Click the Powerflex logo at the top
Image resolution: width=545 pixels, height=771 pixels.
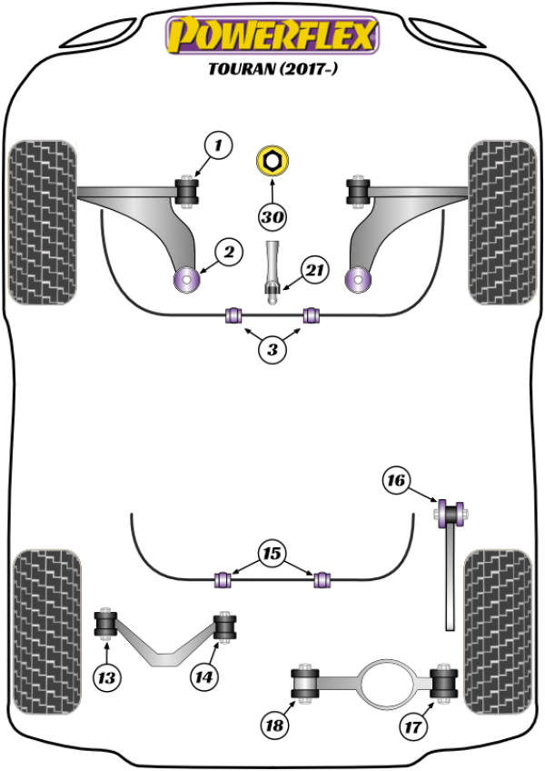pyautogui.click(x=272, y=35)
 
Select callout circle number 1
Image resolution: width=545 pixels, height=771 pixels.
pyautogui.click(x=217, y=145)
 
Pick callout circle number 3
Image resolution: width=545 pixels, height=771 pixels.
pyautogui.click(x=272, y=349)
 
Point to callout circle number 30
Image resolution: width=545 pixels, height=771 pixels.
pyautogui.click(x=272, y=217)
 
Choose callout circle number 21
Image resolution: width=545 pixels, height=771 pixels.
pyautogui.click(x=314, y=270)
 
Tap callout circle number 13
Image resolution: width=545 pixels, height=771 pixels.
pyautogui.click(x=108, y=676)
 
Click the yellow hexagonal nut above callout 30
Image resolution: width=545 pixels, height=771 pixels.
pyautogui.click(x=272, y=162)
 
